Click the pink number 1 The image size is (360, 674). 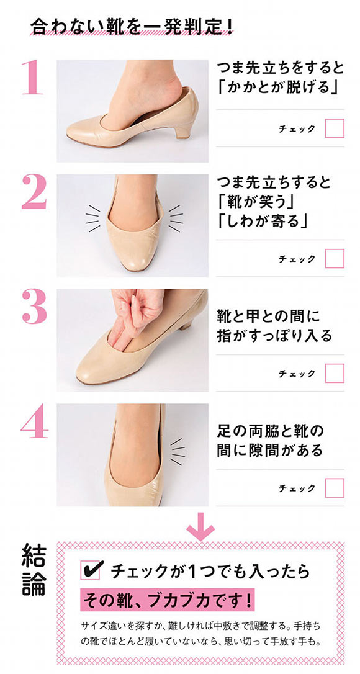[x=32, y=77]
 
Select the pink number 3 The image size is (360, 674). [x=34, y=307]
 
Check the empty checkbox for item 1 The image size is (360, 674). [x=334, y=128]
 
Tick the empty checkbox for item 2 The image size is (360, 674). [x=334, y=258]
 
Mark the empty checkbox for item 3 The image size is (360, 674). [x=334, y=373]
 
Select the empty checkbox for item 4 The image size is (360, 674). [x=334, y=488]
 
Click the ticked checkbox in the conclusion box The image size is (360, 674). [x=91, y=570]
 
